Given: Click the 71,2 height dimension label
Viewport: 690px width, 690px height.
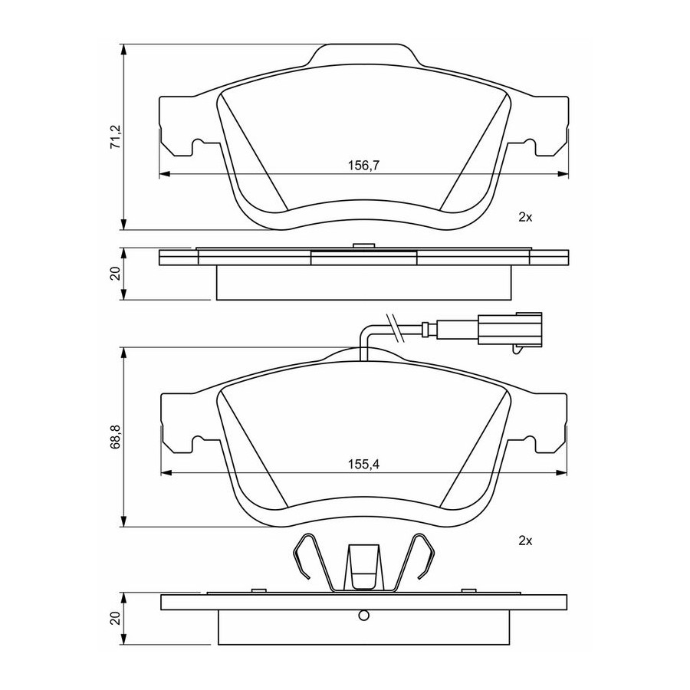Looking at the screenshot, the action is click(115, 137).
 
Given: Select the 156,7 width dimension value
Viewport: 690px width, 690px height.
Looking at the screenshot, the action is click(363, 166).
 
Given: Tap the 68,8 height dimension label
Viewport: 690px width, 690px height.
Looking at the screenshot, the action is click(115, 437).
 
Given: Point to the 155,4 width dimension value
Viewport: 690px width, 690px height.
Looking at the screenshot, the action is click(363, 465).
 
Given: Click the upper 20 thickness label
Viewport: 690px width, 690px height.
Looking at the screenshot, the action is click(115, 274).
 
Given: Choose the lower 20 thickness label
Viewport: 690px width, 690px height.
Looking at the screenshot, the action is click(115, 618).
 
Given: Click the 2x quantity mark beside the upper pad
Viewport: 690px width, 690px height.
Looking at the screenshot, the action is click(525, 217).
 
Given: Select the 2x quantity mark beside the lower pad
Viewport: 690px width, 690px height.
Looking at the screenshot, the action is click(525, 540).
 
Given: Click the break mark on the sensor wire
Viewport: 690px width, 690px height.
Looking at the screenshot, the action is click(395, 328).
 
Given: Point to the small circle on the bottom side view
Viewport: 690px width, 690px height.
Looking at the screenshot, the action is click(363, 615).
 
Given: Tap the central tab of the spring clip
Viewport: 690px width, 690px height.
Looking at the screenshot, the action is click(363, 566).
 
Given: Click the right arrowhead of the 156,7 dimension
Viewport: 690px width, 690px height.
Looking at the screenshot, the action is click(563, 174).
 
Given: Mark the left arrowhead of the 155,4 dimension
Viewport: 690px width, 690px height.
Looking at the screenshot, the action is click(166, 472).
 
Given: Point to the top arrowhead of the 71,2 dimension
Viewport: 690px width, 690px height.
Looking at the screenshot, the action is click(125, 49).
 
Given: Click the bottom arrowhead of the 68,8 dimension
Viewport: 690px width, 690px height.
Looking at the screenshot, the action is click(125, 521).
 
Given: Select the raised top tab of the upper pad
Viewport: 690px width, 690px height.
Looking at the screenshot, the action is click(363, 54).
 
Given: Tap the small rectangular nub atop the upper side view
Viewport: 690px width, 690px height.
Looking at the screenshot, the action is click(363, 246).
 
